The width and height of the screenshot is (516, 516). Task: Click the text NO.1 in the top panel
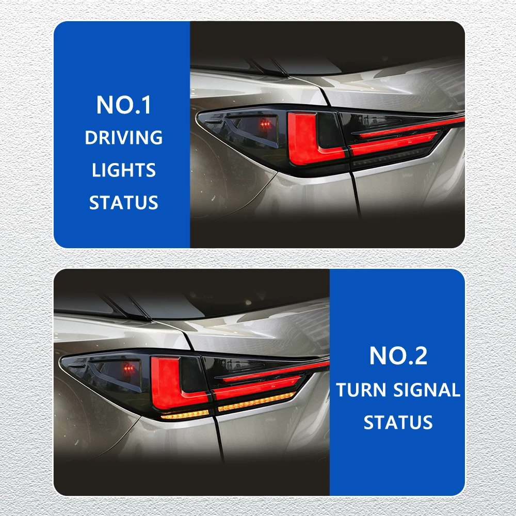pos(124,105)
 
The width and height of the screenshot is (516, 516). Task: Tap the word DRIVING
pos(124,138)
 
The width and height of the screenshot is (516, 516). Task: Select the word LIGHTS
pos(124,170)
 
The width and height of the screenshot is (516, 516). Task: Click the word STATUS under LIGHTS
pos(124,202)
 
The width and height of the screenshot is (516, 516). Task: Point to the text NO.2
pos(398,356)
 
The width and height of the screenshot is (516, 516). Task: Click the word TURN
pos(361,390)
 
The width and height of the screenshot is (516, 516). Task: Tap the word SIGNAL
pos(427,390)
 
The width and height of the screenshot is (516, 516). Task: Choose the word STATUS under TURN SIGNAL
pos(398,422)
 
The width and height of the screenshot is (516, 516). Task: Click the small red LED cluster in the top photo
pos(265,124)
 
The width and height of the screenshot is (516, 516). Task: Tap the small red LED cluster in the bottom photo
pos(129,368)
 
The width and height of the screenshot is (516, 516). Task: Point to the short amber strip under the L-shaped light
pos(185,415)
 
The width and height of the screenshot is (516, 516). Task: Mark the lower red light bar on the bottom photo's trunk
pos(256,387)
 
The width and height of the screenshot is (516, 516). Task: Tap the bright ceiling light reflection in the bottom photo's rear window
pos(249,302)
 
